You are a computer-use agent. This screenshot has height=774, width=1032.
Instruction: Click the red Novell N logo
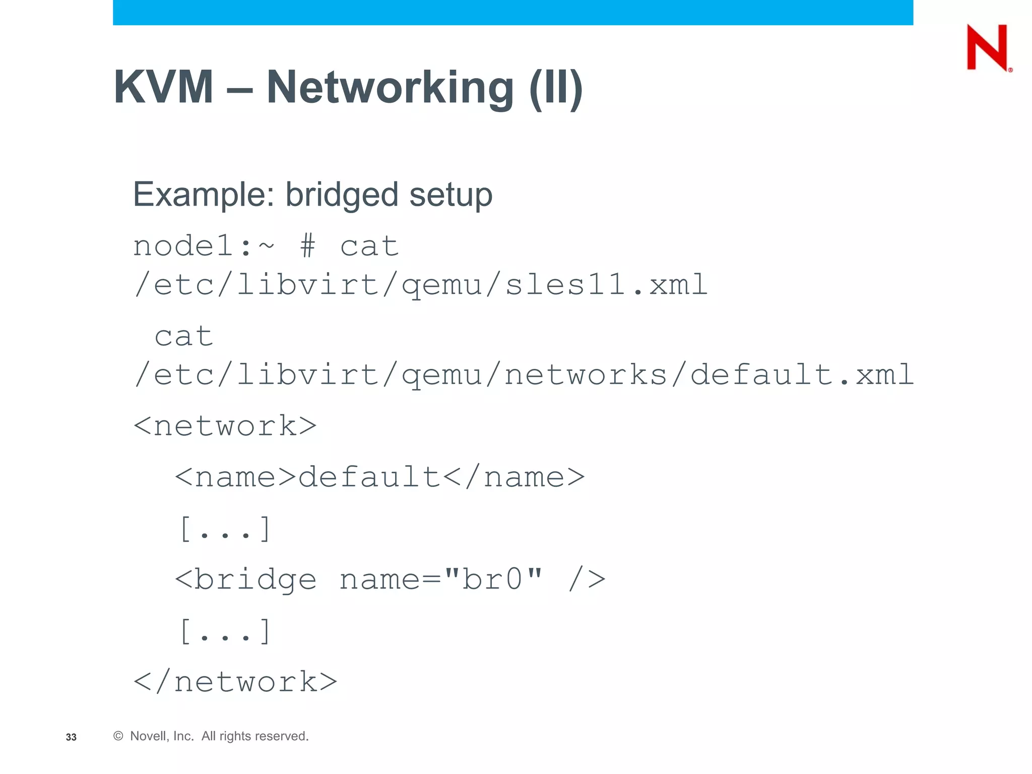point(987,47)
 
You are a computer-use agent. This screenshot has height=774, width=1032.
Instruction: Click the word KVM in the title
point(163,87)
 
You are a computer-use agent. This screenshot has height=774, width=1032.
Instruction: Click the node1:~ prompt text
point(203,247)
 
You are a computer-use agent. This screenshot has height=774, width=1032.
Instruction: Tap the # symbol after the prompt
point(307,247)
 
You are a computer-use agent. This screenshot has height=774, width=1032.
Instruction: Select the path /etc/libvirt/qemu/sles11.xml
point(420,285)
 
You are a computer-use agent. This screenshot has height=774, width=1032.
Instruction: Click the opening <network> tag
point(225,426)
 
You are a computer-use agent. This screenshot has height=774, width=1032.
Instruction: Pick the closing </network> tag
point(235,682)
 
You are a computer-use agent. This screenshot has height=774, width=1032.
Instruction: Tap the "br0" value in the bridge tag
point(494,579)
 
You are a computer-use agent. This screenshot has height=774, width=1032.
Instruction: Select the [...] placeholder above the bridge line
point(225,529)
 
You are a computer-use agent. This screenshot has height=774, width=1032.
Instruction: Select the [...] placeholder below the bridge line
point(225,631)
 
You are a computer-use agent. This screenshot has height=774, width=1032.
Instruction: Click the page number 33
point(71,737)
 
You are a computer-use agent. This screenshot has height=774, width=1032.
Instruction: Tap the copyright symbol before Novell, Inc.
point(118,736)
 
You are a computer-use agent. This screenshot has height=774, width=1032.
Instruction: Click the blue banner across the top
point(512,12)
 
